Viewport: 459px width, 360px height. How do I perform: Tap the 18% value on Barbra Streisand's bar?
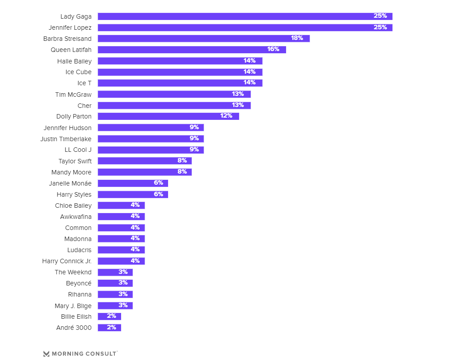tap(297, 38)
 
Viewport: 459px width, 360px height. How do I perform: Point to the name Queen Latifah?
tap(71, 50)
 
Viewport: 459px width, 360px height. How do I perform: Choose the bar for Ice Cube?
tap(177, 72)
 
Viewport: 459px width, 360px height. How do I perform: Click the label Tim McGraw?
tap(73, 95)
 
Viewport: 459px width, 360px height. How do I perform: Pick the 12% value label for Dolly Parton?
tap(226, 116)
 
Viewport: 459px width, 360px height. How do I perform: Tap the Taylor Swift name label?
tap(75, 161)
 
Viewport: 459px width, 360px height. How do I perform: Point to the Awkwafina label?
tap(76, 217)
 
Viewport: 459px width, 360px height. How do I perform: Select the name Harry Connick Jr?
tap(67, 261)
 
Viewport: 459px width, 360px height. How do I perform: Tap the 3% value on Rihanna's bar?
tap(123, 294)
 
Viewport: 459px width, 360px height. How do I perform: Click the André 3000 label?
tap(74, 328)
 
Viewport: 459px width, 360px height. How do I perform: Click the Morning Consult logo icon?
tap(47, 354)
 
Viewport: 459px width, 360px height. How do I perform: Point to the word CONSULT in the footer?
tap(100, 354)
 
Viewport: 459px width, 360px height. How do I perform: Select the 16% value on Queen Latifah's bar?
tap(273, 49)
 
